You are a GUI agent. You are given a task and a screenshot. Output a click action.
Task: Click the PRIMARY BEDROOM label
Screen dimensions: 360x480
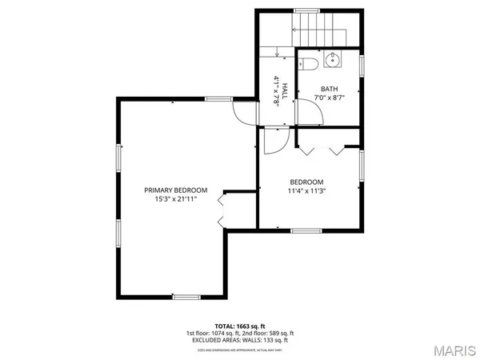pos(175,190)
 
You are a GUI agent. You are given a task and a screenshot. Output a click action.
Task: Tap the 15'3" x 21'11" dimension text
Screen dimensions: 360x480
pos(175,199)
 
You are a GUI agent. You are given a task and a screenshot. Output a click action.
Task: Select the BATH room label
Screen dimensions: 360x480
pos(330,89)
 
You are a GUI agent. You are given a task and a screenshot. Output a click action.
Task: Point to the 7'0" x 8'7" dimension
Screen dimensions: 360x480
pos(330,98)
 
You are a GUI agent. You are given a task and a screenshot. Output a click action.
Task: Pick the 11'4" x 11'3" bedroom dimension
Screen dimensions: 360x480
pos(306,190)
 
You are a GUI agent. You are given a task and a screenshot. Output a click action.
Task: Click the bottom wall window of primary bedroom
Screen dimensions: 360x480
pos(186,297)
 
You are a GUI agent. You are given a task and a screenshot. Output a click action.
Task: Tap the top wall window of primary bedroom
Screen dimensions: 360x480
pos(218,98)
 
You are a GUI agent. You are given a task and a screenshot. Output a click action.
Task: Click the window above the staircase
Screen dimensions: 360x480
pos(307,10)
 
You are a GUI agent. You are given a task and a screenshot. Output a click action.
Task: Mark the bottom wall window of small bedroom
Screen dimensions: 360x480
pos(305,230)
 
